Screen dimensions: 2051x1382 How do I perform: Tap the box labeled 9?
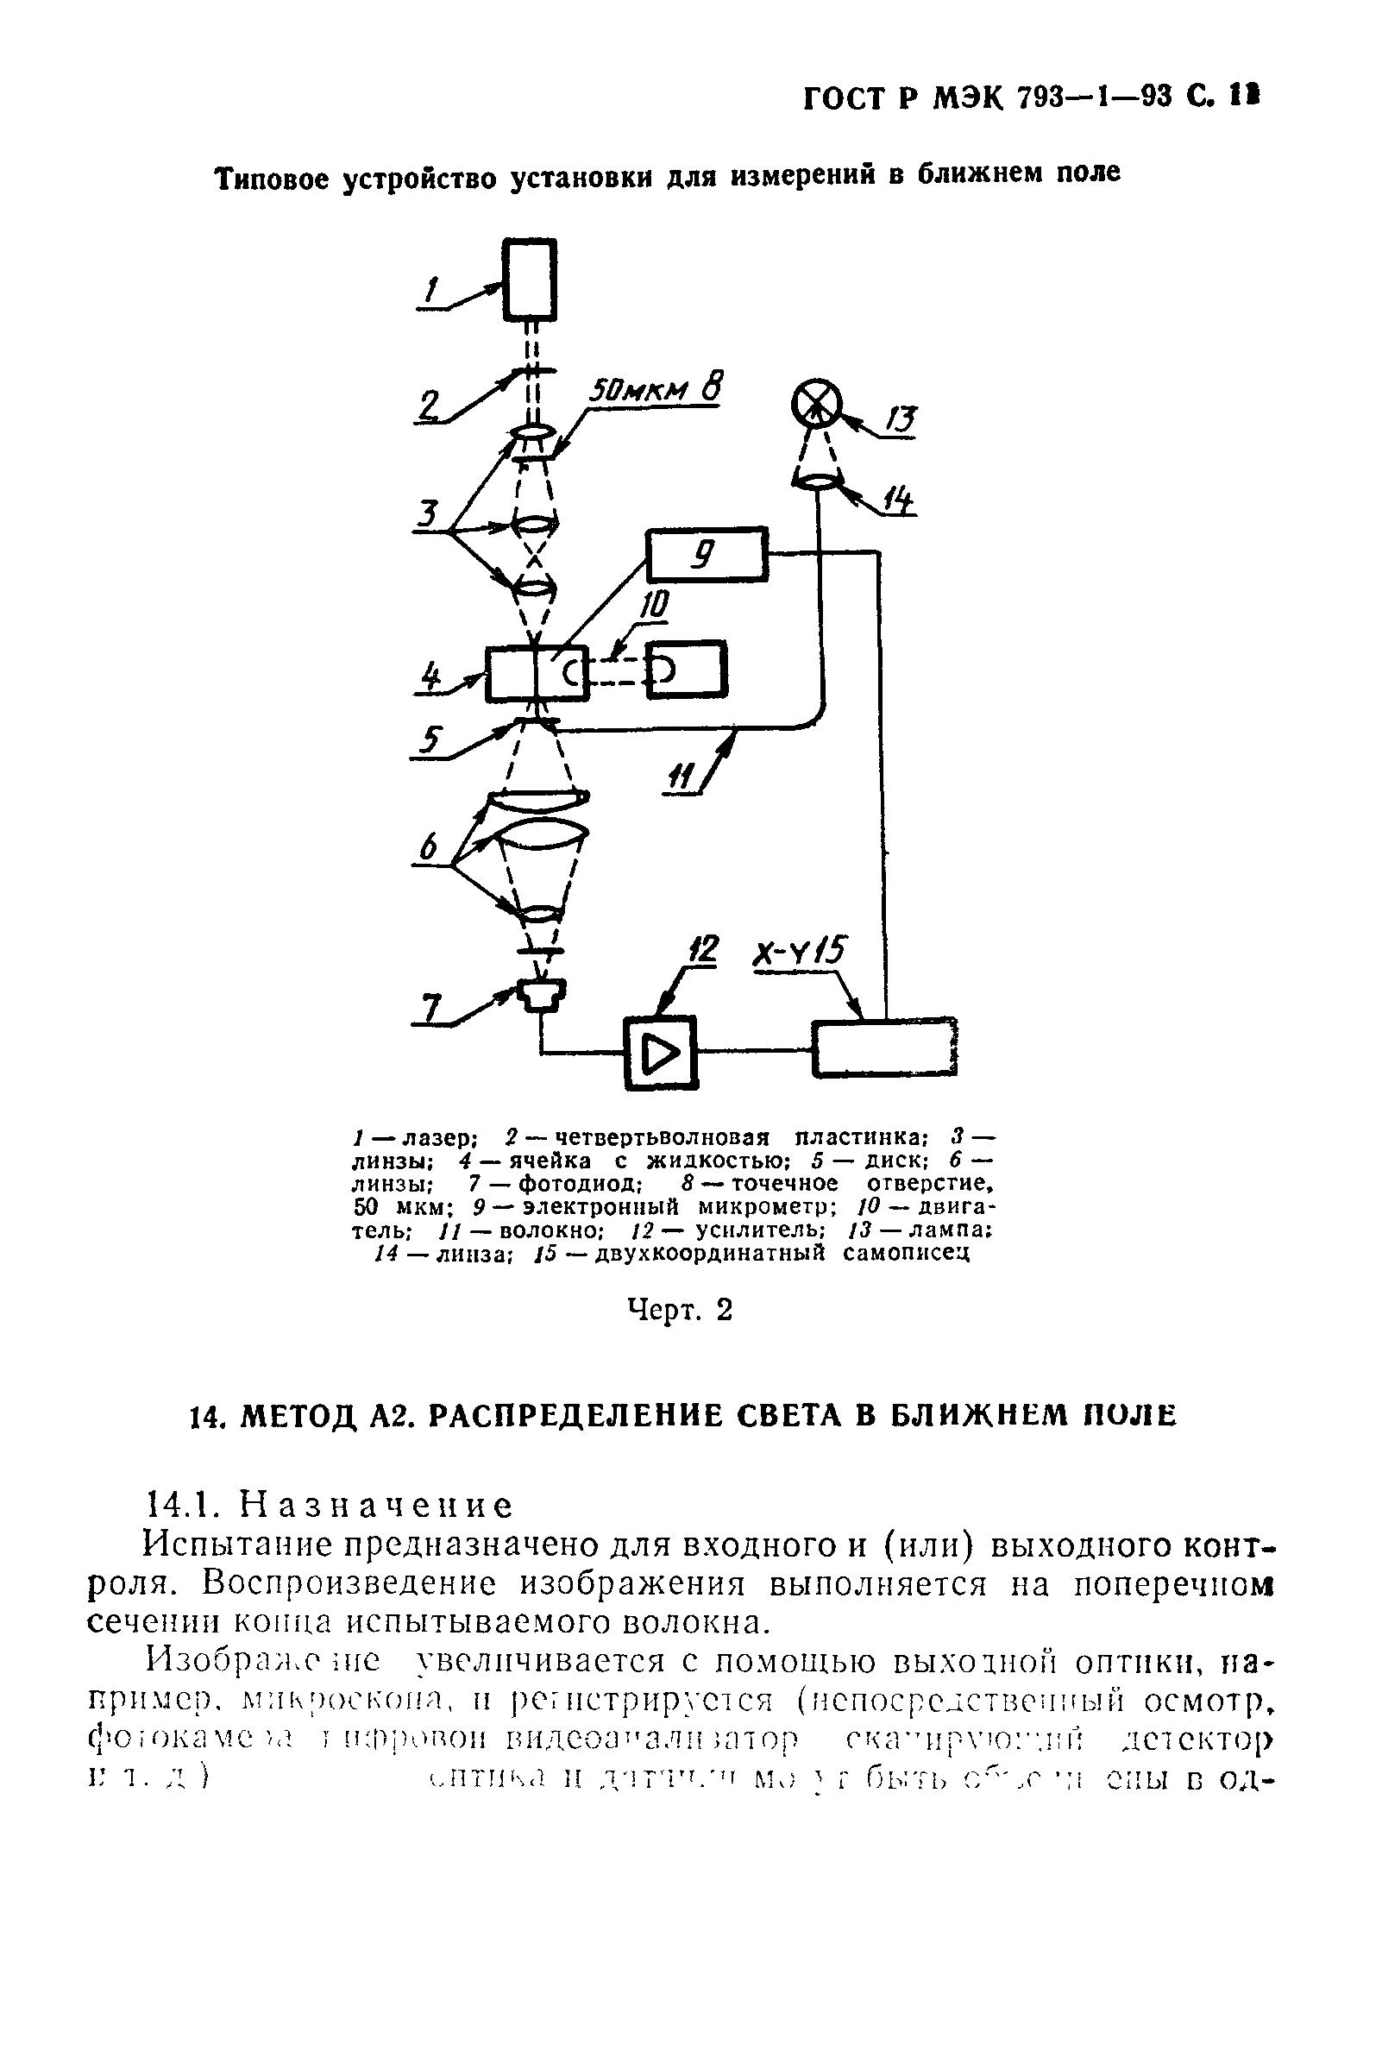pos(707,553)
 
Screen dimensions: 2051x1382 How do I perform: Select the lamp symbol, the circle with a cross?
pos(815,406)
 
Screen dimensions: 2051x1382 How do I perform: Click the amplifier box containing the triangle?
pos(661,1053)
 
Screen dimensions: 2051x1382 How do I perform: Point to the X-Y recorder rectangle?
pos(884,1048)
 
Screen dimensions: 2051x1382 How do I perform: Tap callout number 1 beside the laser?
pos(431,290)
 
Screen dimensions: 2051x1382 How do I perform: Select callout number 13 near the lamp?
pos(901,420)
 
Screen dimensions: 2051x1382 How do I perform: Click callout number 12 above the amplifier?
pos(702,950)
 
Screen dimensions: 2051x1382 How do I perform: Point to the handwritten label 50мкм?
pos(638,391)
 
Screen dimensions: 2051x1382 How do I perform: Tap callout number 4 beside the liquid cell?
pos(430,678)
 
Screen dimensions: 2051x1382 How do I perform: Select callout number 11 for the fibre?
pos(681,778)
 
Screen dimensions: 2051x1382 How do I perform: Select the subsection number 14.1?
pos(182,1505)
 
